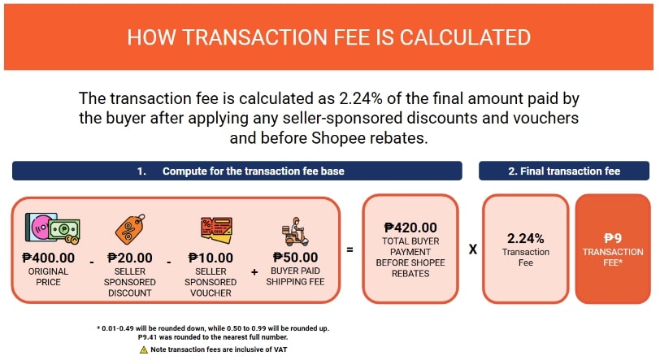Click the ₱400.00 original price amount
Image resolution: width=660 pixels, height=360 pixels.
pos(49,258)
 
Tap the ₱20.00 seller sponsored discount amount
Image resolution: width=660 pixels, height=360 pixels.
pos(130,258)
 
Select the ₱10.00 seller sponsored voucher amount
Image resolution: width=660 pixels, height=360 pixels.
pos(210,258)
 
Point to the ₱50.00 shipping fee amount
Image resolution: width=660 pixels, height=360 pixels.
pos(295,258)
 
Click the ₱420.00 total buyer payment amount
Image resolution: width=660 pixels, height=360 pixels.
pos(410,228)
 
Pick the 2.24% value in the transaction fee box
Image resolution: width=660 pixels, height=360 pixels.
pos(525,239)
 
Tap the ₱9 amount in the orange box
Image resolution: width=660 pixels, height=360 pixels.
pos(613,239)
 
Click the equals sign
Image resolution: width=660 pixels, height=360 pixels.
pos(350,249)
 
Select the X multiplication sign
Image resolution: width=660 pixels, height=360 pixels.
pos(472,249)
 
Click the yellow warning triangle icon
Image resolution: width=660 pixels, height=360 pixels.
pos(144,349)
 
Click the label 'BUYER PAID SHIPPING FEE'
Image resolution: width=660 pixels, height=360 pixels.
pos(295,276)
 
